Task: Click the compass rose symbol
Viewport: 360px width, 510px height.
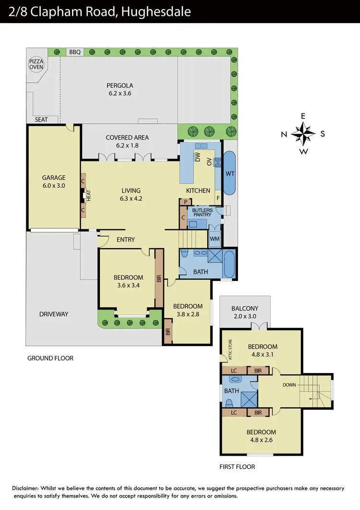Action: point(303,134)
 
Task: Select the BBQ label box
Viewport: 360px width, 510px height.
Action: point(74,52)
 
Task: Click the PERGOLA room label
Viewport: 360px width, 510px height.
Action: point(119,86)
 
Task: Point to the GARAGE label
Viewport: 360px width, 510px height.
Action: point(53,178)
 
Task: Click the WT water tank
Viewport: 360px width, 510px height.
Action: point(229,173)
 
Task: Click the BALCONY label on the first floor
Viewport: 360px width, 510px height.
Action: point(245,309)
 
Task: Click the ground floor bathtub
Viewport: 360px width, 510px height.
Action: point(229,264)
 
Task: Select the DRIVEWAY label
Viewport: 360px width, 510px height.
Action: point(54,314)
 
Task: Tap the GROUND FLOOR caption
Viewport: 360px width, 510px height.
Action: point(50,358)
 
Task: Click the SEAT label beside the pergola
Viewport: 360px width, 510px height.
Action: point(42,120)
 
